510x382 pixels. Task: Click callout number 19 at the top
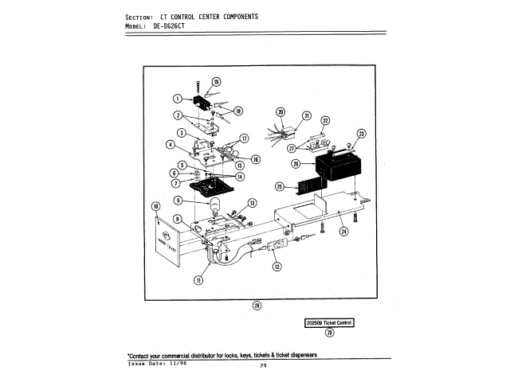click(217, 82)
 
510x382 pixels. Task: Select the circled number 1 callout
click(179, 99)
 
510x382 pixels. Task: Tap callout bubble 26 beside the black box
click(295, 165)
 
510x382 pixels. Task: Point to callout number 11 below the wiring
click(198, 280)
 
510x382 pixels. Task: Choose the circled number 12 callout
click(277, 267)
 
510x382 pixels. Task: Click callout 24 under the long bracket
click(343, 232)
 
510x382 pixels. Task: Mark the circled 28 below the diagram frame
click(257, 306)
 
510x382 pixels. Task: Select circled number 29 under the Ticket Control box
click(330, 333)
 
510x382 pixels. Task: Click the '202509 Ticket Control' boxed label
click(329, 322)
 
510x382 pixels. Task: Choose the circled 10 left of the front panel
click(156, 206)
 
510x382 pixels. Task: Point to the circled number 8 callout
click(178, 201)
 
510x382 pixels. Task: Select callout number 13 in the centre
click(251, 203)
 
